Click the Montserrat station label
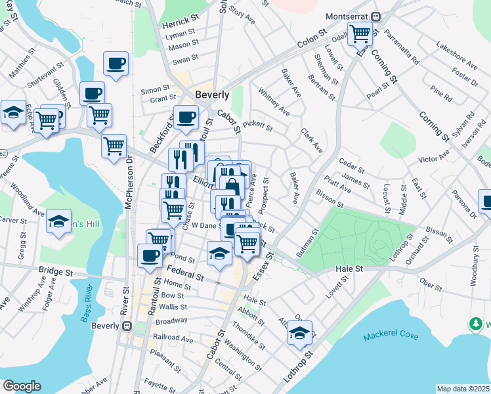(347, 16)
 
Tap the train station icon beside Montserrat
(376, 16)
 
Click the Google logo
(22, 386)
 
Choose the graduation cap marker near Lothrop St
(299, 332)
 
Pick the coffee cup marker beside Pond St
(150, 254)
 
